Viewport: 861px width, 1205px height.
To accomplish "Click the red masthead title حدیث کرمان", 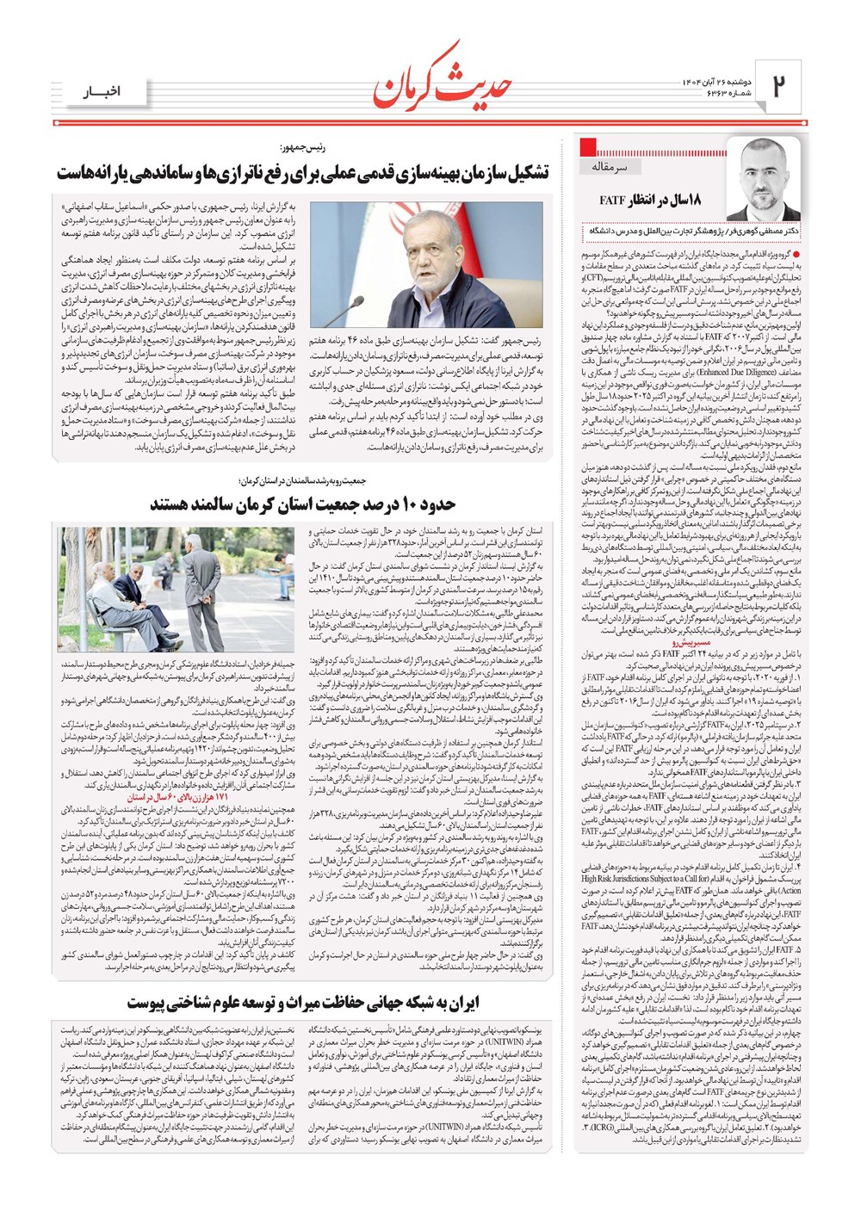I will click(443, 80).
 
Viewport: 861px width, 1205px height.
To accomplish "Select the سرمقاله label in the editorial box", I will click(610, 166).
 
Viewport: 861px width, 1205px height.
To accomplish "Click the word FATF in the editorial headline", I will click(612, 201).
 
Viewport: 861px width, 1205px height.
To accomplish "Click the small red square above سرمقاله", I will click(589, 145).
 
